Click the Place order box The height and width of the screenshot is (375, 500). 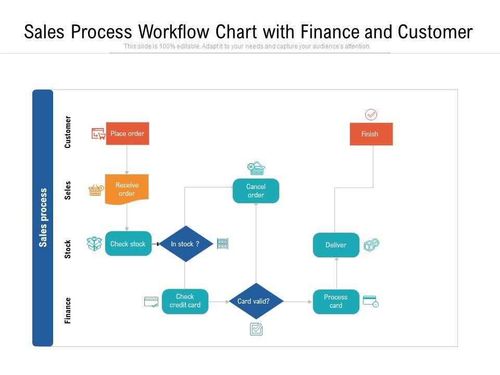point(128,134)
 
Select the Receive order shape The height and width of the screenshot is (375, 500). point(127,189)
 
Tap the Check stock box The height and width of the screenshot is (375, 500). point(128,244)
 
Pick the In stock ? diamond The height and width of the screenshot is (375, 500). point(185,244)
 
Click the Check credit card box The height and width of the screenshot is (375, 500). point(185,301)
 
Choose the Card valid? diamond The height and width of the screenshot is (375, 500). point(256,301)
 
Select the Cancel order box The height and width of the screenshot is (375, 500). point(256,191)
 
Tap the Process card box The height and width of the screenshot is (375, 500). point(336,302)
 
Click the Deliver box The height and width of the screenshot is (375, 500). point(336,245)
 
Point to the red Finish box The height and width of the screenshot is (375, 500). point(371,134)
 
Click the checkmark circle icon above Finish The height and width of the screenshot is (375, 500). point(371,115)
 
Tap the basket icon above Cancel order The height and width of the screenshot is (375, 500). point(256,168)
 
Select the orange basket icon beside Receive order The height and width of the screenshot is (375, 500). point(95,190)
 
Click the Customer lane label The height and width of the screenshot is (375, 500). point(68,132)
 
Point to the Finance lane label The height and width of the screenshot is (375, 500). point(68,310)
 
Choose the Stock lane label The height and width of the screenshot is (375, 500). point(68,249)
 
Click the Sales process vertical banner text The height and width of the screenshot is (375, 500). point(43,217)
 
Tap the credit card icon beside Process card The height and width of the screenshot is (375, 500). point(370,301)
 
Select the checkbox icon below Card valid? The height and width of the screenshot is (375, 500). point(256,329)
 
